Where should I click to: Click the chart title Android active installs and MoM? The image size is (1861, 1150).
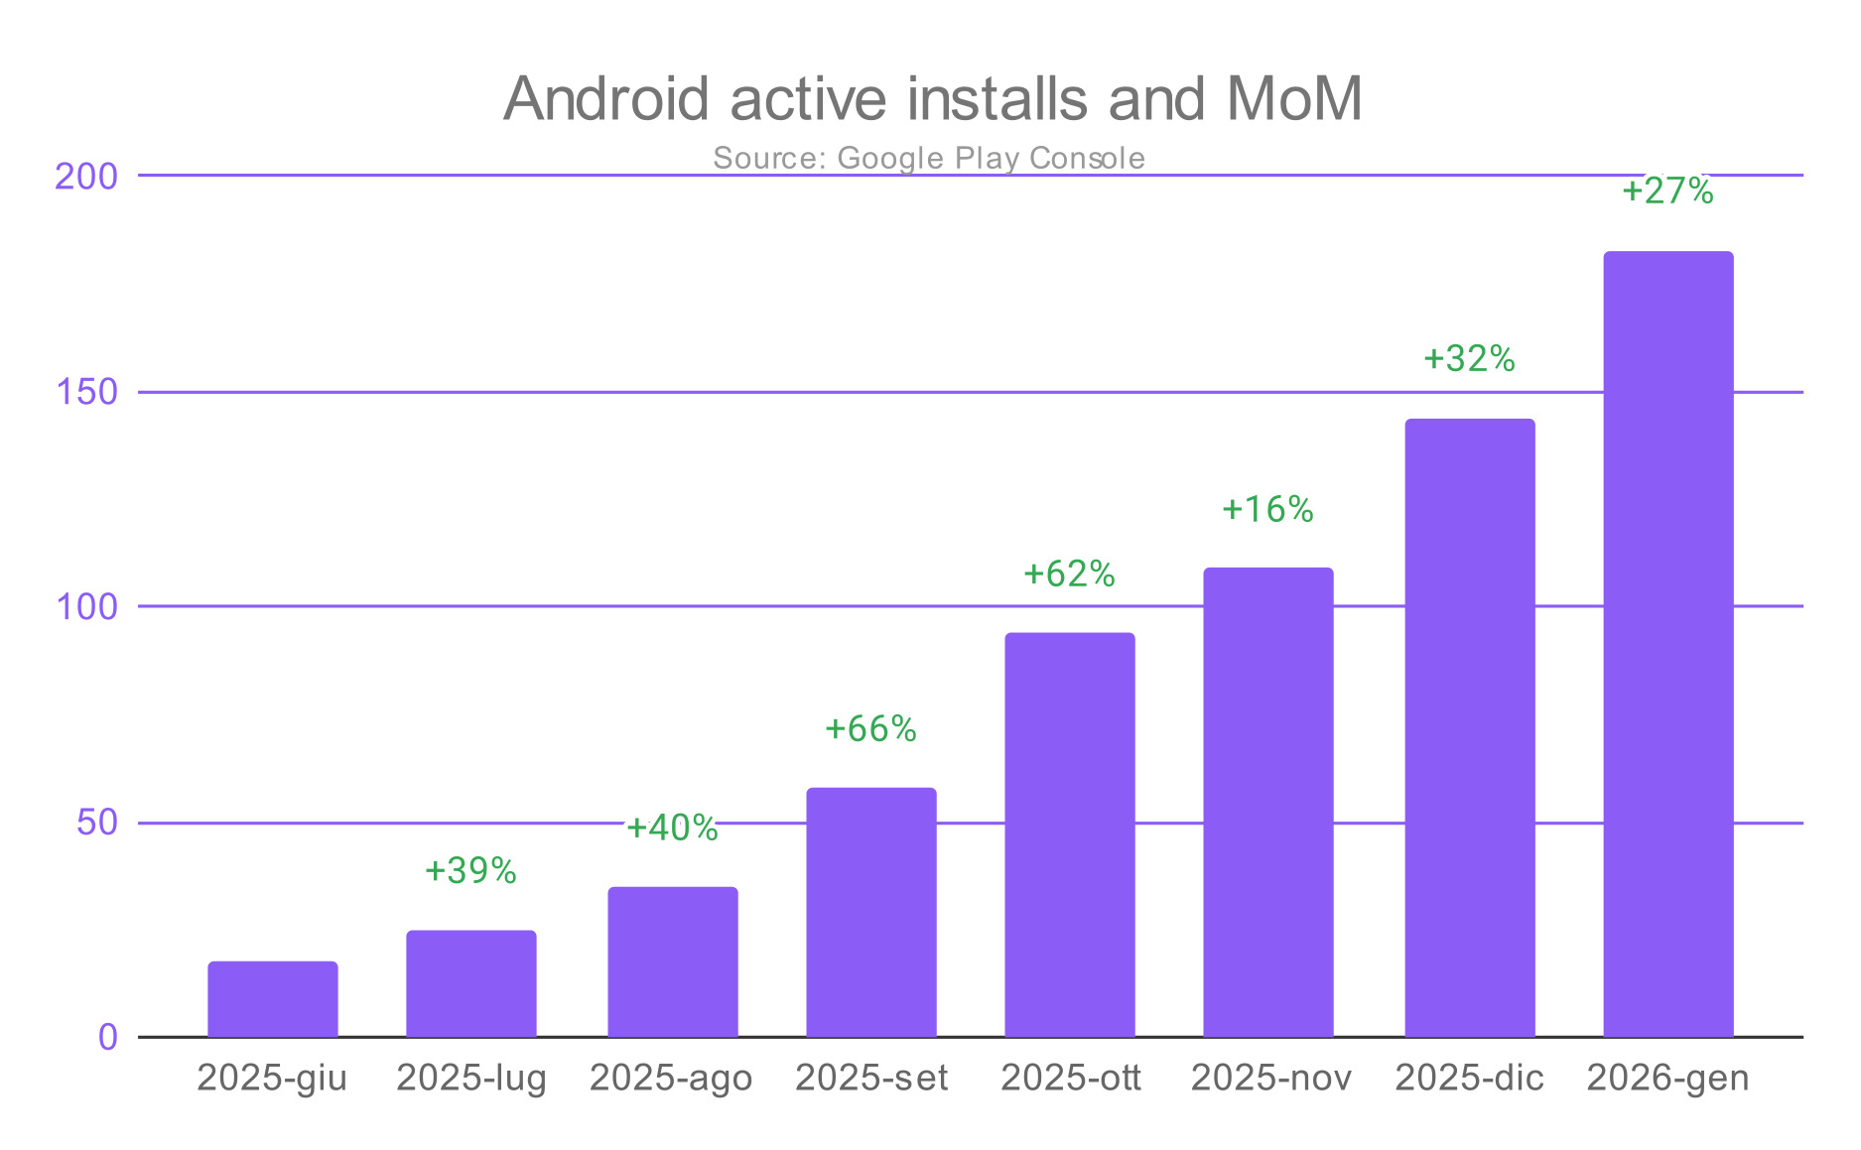coord(932,99)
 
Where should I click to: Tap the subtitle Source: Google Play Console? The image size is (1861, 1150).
coord(929,158)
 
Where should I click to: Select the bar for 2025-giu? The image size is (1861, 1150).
coord(273,999)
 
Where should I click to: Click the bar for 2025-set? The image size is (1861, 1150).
coord(871,913)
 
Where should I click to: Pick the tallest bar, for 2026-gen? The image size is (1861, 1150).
coord(1668,645)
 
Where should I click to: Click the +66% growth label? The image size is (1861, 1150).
coord(870,729)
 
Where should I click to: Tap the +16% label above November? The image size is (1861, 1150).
coord(1267,510)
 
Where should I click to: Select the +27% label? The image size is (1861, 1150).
coord(1667,191)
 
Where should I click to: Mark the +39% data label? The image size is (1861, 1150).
coord(470,871)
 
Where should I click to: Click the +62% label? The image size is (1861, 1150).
coord(1069,575)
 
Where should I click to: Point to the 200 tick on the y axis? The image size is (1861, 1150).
coord(86,177)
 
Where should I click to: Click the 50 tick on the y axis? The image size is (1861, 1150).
coord(96,823)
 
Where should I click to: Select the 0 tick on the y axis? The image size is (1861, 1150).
coord(107,1038)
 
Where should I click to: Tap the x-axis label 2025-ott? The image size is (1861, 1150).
coord(1071,1078)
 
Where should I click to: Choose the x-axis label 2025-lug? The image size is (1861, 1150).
coord(471,1078)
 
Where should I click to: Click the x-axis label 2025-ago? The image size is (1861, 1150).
coord(671,1078)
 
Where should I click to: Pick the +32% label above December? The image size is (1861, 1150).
coord(1469,359)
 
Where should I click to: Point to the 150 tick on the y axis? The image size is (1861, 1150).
coord(86,392)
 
